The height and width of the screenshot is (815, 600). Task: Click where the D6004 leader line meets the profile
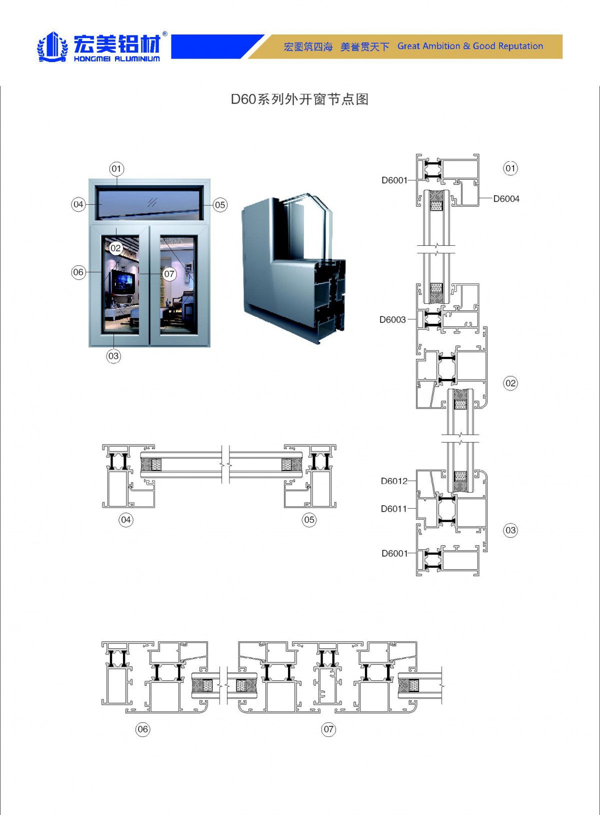tap(479, 198)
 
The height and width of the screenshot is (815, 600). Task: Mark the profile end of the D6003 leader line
tap(416, 319)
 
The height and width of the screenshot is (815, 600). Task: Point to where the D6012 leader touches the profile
tap(416, 481)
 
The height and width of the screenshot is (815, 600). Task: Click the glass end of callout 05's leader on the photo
tap(199, 205)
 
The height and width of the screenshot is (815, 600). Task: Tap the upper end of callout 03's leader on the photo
tap(113, 333)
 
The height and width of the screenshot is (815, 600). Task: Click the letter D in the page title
tap(235, 99)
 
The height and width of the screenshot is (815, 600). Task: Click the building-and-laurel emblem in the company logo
tap(52, 47)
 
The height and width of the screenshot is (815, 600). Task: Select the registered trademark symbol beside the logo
tap(164, 34)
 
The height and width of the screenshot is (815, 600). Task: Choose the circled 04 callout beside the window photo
tap(78, 204)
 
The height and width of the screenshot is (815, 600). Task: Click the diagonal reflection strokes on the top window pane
tap(152, 202)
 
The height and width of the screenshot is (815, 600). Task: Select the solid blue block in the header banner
tap(216, 47)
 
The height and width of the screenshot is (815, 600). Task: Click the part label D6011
tap(393, 509)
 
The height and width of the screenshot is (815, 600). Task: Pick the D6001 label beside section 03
tap(394, 553)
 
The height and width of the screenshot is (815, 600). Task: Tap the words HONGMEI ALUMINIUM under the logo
tap(116, 59)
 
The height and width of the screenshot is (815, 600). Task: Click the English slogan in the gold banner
tap(470, 46)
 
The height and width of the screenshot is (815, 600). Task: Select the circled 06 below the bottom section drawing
tap(142, 729)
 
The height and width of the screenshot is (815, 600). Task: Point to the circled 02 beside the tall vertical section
tap(510, 383)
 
